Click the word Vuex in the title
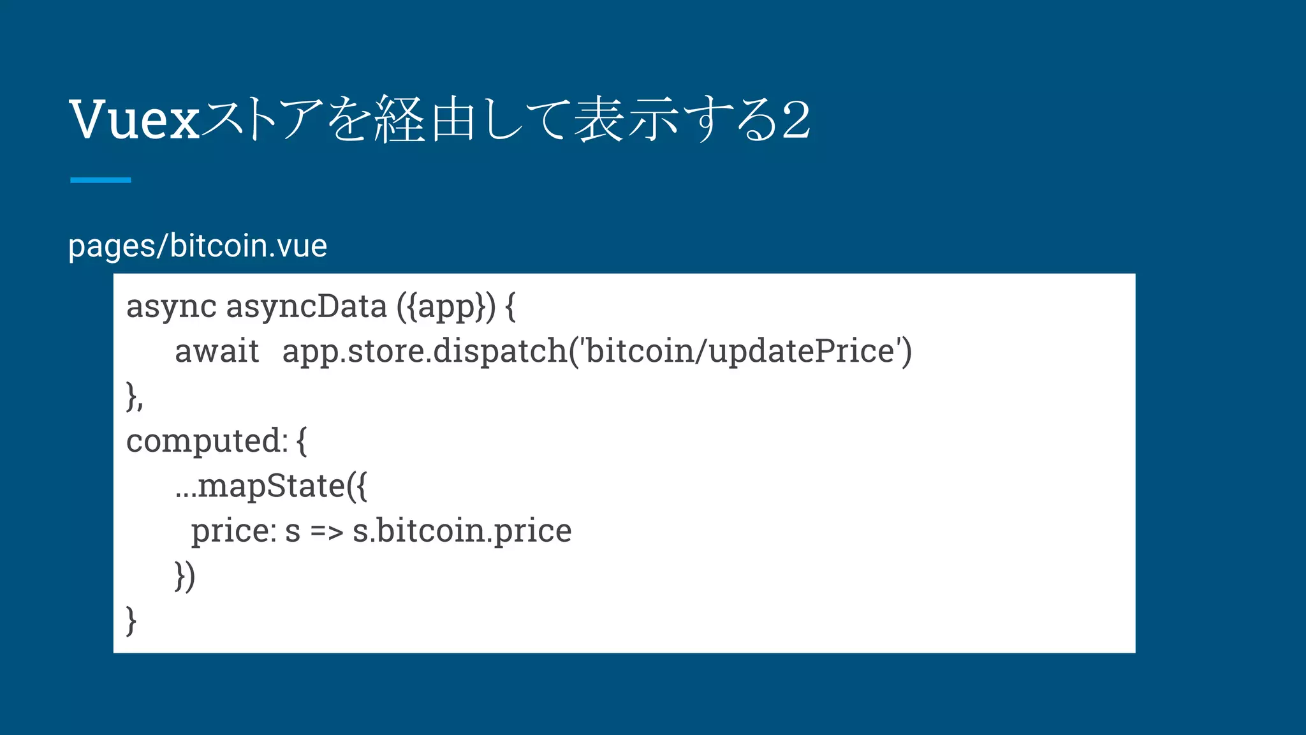(135, 119)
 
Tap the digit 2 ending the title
(796, 119)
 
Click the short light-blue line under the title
(101, 180)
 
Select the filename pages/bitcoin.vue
(198, 246)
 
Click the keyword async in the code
(171, 307)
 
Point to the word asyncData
(306, 307)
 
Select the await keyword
(217, 352)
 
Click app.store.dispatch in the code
(425, 352)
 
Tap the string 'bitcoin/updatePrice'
(740, 352)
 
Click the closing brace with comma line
(135, 397)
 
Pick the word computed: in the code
(207, 441)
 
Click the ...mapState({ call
(272, 486)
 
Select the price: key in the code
(233, 531)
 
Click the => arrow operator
(327, 531)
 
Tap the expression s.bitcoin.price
(462, 531)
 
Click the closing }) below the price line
(185, 575)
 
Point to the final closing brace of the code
(131, 620)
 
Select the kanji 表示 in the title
(625, 119)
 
